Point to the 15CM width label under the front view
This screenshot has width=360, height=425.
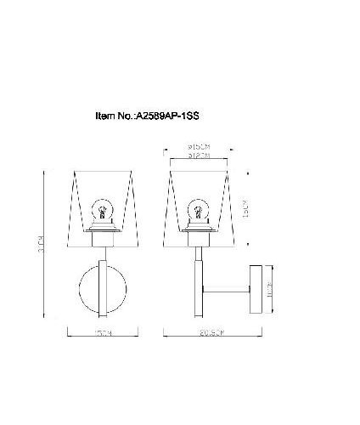pos(103,336)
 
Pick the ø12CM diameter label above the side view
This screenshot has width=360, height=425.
pos(198,156)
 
